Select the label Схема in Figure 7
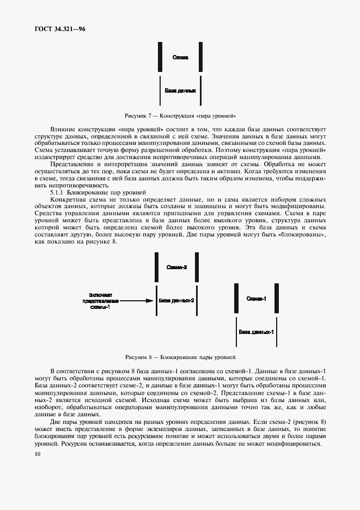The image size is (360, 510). pyautogui.click(x=180, y=57)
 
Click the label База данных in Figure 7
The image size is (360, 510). pyautogui.click(x=180, y=91)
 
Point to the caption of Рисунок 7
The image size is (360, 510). pyautogui.click(x=180, y=116)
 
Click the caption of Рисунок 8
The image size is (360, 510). pyautogui.click(x=180, y=357)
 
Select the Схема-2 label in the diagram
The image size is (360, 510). pyautogui.click(x=176, y=267)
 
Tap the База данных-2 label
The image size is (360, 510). pyautogui.click(x=176, y=300)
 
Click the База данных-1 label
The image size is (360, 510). pyautogui.click(x=256, y=331)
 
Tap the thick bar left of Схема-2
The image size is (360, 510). pyautogui.click(x=156, y=267)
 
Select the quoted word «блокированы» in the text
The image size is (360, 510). pyautogui.click(x=307, y=228)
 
